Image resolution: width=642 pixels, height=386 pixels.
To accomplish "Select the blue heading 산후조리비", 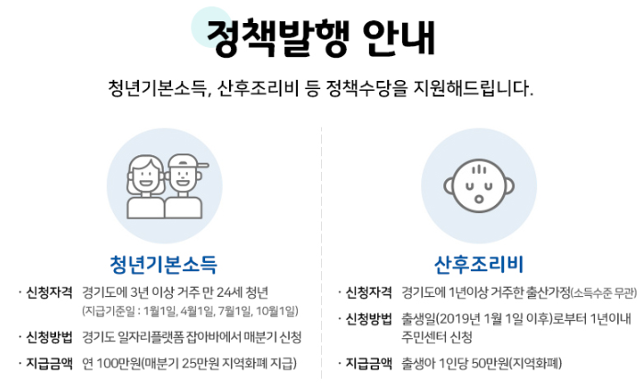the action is tap(478, 266).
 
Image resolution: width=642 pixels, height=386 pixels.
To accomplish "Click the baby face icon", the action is tap(479, 179).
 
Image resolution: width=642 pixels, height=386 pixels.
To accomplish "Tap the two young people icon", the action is tap(162, 180).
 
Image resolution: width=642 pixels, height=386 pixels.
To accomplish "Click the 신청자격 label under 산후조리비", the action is tap(369, 293).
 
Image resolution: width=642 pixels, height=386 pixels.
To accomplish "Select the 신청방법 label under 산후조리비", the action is tap(369, 319).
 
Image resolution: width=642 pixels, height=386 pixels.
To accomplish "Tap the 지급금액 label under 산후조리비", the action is tap(369, 363).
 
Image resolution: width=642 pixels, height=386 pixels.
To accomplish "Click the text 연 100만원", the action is tap(108, 363).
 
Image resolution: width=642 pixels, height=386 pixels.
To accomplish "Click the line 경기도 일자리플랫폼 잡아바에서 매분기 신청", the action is tap(191, 336).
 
